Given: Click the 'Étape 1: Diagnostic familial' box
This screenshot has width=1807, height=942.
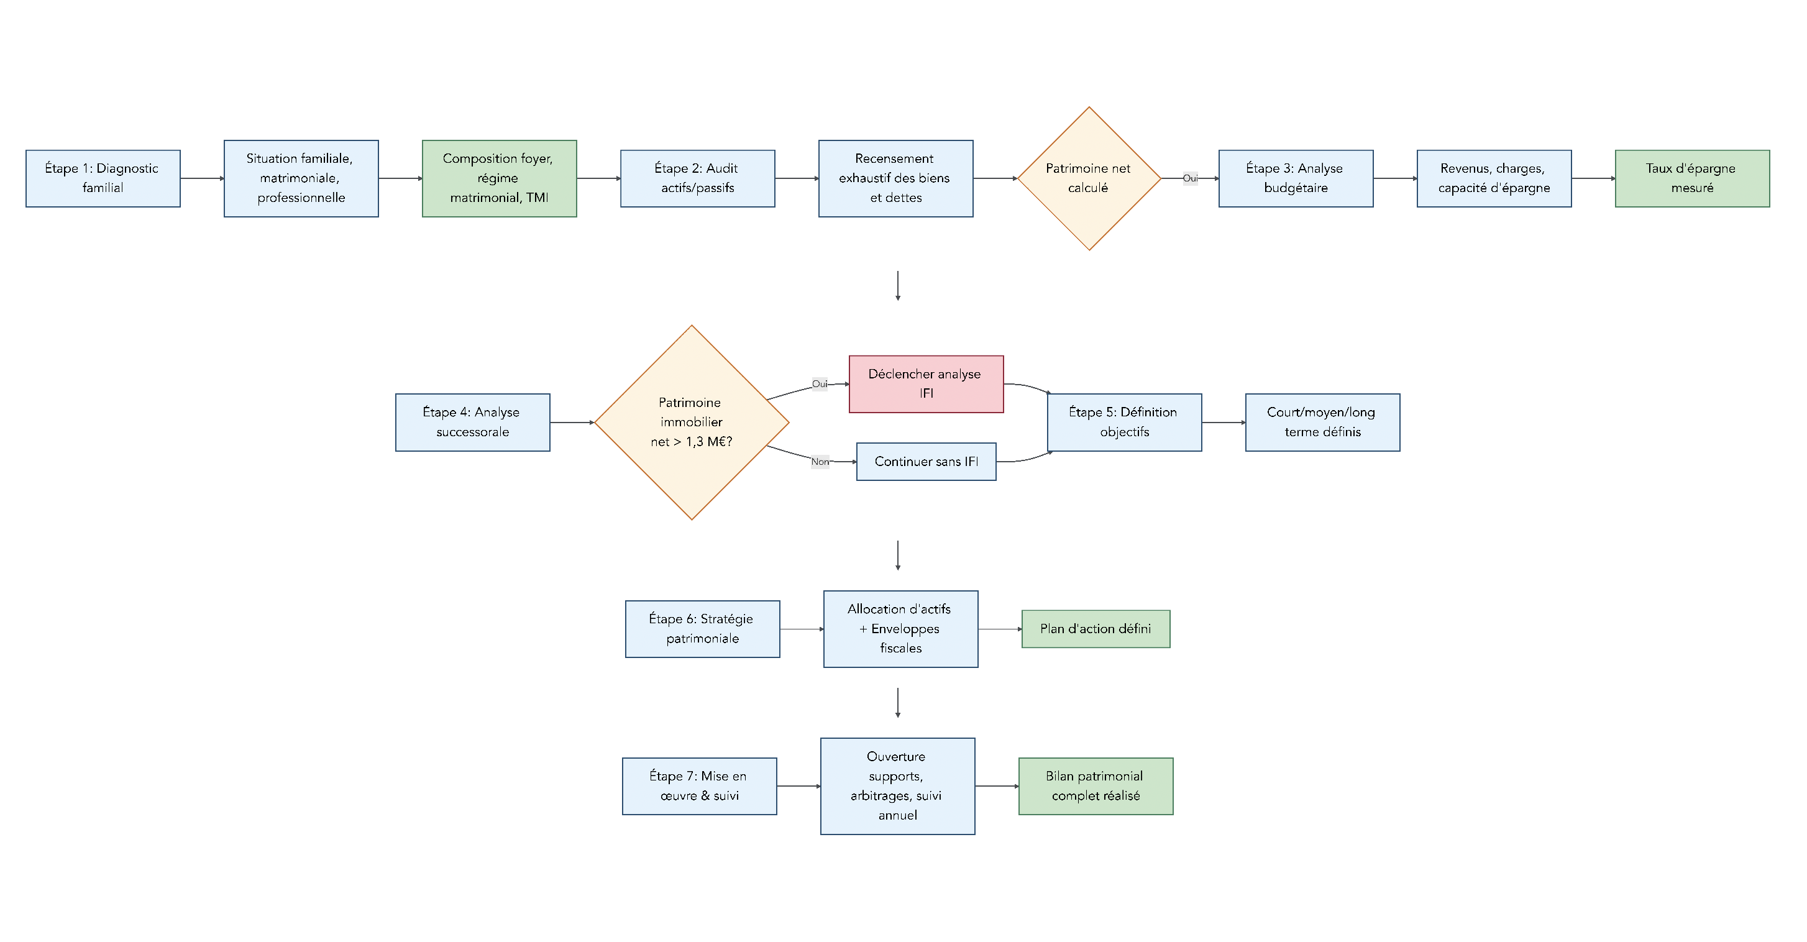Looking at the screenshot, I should (x=103, y=179).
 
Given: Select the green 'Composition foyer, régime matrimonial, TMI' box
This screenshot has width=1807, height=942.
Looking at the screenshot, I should (x=500, y=179).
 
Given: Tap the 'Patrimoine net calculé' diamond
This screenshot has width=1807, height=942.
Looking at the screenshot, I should (x=1089, y=179).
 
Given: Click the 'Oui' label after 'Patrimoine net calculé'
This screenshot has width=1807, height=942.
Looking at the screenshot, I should (x=1191, y=179).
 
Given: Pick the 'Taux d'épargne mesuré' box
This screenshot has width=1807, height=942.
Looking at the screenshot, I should (x=1692, y=179).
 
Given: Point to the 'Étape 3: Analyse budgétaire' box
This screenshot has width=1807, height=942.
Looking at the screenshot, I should (x=1296, y=179).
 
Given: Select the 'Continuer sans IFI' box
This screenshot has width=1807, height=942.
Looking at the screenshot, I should (x=926, y=462).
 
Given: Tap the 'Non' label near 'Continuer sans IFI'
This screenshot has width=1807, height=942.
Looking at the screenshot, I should (x=820, y=462).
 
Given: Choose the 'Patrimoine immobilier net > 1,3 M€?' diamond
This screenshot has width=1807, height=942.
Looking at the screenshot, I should (x=692, y=423).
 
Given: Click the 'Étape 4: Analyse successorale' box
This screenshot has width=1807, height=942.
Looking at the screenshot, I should (x=473, y=423).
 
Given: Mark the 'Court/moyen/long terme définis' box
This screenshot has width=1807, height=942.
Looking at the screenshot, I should (x=1322, y=423).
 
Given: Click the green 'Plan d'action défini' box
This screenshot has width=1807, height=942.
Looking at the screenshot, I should (x=1096, y=629).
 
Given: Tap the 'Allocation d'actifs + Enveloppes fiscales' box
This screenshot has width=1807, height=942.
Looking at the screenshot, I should (x=900, y=629).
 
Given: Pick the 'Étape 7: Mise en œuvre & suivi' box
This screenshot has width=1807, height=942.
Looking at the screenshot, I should (x=699, y=786).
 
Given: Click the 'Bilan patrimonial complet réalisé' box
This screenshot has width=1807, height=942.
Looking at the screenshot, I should (x=1096, y=786).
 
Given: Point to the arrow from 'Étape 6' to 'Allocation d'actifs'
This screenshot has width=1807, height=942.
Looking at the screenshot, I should (x=802, y=629).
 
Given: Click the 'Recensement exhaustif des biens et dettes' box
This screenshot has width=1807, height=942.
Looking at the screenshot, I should (x=896, y=179).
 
